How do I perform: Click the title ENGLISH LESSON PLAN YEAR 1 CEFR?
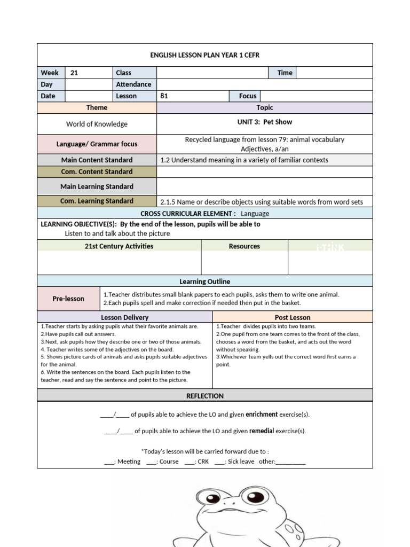pyautogui.click(x=205, y=55)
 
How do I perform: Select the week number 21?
pyautogui.click(x=74, y=73)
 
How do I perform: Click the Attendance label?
pyautogui.click(x=133, y=84)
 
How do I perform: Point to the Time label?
pyautogui.click(x=285, y=73)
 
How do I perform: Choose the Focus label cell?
pyautogui.click(x=248, y=96)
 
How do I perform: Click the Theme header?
pyautogui.click(x=97, y=107)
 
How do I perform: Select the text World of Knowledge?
pyautogui.click(x=97, y=124)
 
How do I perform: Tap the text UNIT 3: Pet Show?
pyautogui.click(x=264, y=122)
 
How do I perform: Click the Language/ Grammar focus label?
pyautogui.click(x=97, y=144)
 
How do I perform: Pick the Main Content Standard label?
pyautogui.click(x=97, y=160)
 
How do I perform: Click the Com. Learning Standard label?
pyautogui.click(x=97, y=201)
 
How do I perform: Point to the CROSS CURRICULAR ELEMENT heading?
pyautogui.click(x=188, y=213)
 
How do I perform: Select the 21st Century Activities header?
pyautogui.click(x=119, y=246)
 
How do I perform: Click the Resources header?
pyautogui.click(x=245, y=246)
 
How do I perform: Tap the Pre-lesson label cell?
pyautogui.click(x=68, y=299)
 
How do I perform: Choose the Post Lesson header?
pyautogui.click(x=293, y=317)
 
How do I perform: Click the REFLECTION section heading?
pyautogui.click(x=205, y=396)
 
